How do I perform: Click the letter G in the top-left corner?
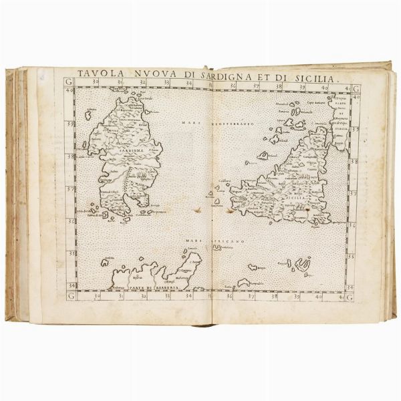pos(70,82)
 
